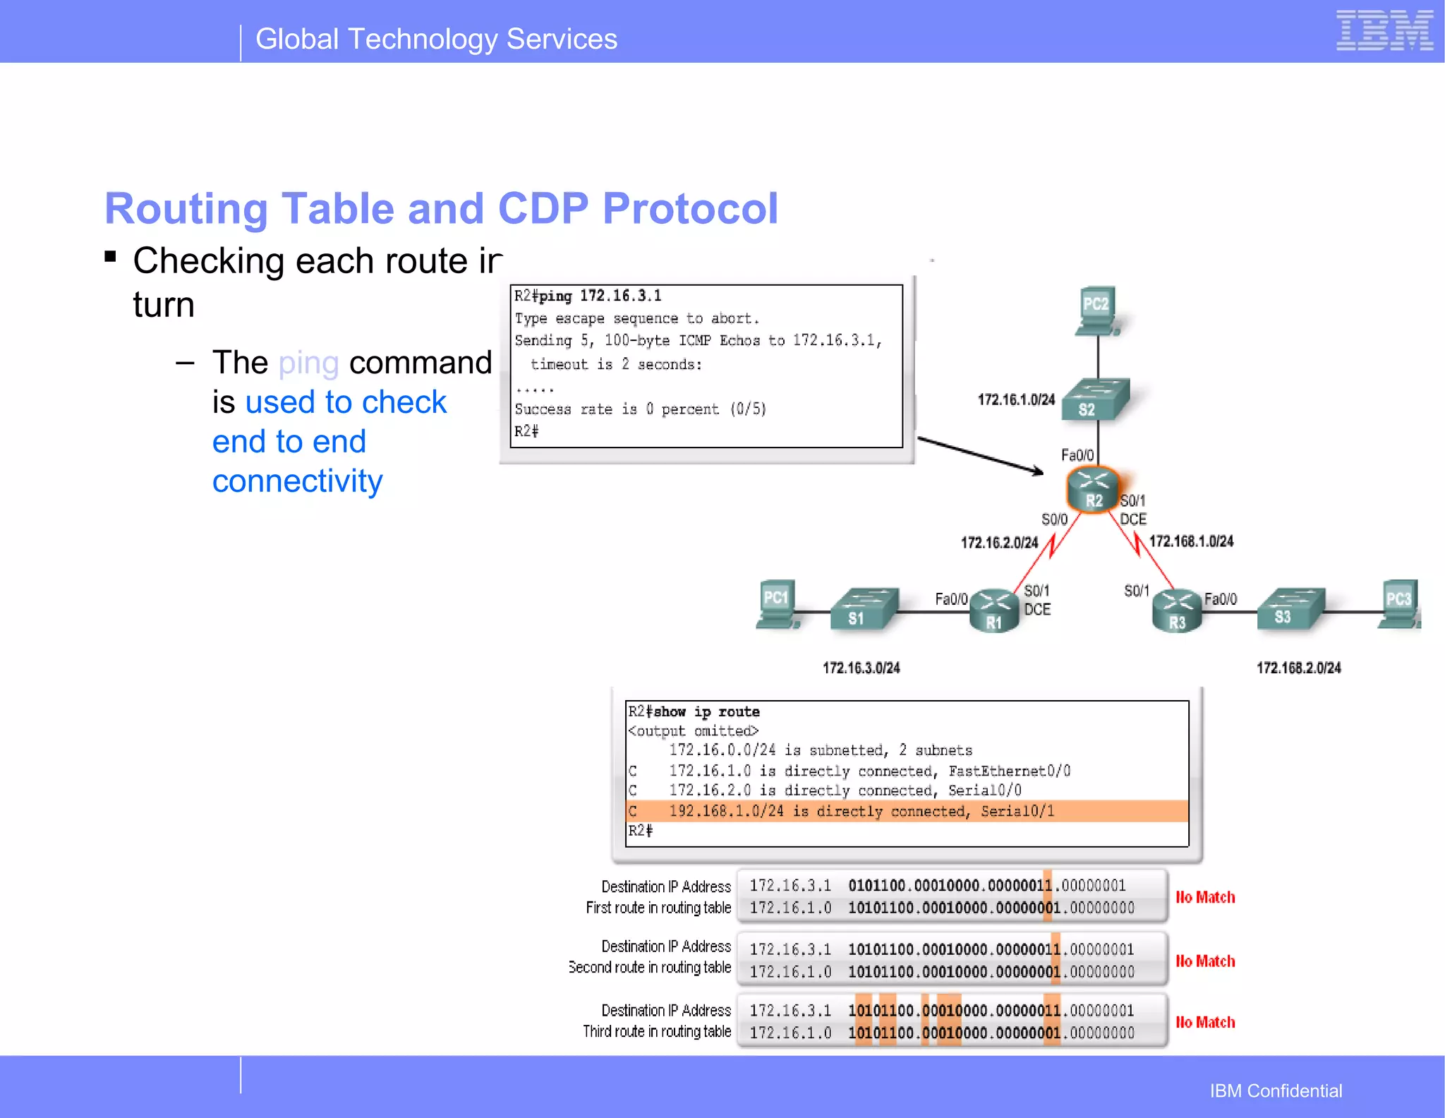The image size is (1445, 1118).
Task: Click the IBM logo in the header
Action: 1384,31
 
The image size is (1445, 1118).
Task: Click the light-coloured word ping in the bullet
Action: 308,363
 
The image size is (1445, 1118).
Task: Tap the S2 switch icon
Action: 1095,400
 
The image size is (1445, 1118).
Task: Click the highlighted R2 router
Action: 1093,489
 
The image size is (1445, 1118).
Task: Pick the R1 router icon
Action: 994,611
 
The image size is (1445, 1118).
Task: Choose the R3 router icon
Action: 1176,611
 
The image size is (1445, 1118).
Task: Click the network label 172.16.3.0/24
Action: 861,668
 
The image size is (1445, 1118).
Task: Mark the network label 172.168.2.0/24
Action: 1298,668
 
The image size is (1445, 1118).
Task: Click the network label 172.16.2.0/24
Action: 999,543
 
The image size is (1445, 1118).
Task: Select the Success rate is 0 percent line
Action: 640,409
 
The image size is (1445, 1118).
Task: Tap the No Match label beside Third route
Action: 1205,1022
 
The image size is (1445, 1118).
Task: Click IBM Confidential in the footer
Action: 1276,1090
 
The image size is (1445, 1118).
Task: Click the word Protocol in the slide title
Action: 689,209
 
